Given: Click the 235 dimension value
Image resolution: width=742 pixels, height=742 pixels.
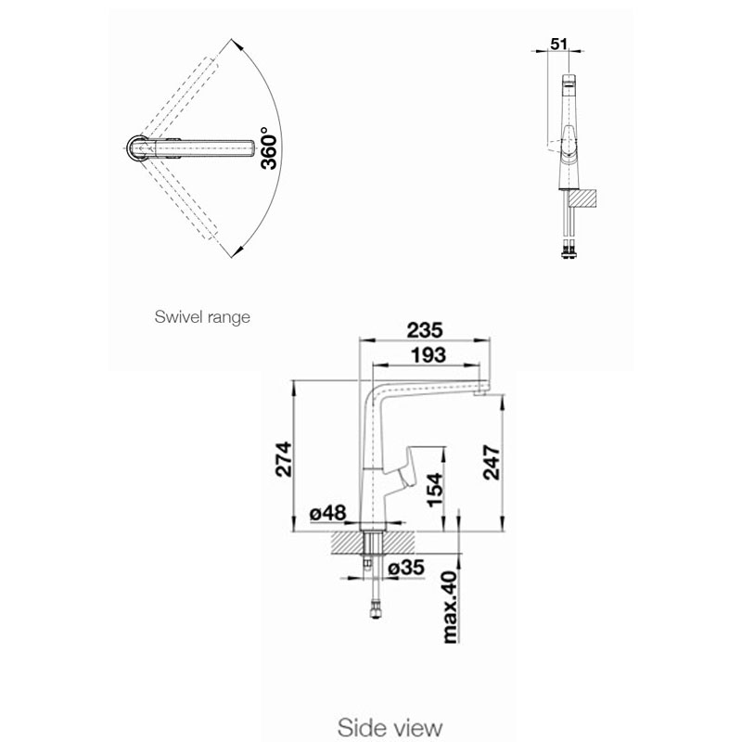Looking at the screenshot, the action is (425, 330).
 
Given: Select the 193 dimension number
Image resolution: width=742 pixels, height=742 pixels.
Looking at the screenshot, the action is (428, 355).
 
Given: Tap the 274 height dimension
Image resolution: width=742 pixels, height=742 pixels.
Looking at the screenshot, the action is (284, 459).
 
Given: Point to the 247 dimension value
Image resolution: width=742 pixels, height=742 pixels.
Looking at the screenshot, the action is (492, 462).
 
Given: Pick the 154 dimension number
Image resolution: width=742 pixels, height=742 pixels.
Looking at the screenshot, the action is (435, 490).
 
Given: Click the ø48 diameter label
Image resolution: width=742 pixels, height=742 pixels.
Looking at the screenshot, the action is (328, 513).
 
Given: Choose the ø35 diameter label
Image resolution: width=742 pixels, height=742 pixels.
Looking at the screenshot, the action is (406, 567).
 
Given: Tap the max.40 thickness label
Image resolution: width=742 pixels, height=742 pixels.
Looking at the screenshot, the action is (450, 608).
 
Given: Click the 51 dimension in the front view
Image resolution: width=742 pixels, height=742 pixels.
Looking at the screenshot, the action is (559, 44).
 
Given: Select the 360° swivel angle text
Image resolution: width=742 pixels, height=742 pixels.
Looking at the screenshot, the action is (269, 148).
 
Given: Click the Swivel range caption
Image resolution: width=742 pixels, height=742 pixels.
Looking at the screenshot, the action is (202, 316).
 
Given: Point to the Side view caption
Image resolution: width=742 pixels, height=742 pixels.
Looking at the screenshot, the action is (390, 727).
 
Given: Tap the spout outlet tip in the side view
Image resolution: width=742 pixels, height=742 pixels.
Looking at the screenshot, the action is (480, 392).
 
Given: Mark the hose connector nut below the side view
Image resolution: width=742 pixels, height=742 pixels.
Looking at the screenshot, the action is (376, 610).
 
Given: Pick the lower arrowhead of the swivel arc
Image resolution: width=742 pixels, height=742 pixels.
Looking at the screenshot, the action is (237, 251).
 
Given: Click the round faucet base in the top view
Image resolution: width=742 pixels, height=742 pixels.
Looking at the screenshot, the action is (138, 148).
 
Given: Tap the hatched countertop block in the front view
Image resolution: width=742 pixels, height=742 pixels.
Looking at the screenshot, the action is (583, 198).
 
